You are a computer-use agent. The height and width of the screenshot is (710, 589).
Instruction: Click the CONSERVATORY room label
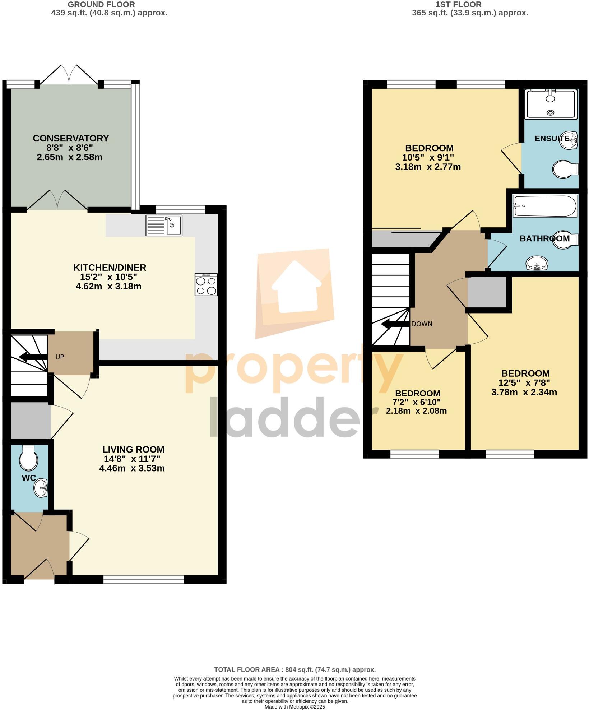tap(71, 138)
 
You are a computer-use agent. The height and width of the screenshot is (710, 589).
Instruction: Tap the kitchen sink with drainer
tap(164, 225)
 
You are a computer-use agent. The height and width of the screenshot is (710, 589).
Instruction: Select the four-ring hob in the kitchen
tap(206, 285)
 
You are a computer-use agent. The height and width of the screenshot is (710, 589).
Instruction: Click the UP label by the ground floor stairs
tap(60, 357)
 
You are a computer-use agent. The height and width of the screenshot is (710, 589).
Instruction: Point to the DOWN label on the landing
tap(422, 324)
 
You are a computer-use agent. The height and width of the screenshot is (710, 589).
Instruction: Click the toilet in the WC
tap(28, 458)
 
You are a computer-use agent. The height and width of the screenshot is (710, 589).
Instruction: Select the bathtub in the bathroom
tap(544, 206)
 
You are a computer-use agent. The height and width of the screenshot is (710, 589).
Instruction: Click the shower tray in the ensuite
tap(551, 104)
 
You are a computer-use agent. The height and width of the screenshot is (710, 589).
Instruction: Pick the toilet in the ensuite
tap(565, 169)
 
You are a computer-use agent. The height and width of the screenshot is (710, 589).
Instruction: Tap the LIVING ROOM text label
tap(133, 449)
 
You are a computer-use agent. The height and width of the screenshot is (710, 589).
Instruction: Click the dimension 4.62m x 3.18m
tap(108, 286)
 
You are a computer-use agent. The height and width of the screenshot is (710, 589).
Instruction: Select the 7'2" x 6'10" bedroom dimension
tap(418, 402)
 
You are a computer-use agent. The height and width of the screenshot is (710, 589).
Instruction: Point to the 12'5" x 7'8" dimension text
tap(524, 382)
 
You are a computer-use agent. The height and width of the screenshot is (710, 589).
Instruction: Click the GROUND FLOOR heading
tap(101, 5)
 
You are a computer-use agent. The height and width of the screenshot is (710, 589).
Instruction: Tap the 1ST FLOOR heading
tap(458, 5)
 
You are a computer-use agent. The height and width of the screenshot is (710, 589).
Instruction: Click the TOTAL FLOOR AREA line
tap(294, 669)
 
